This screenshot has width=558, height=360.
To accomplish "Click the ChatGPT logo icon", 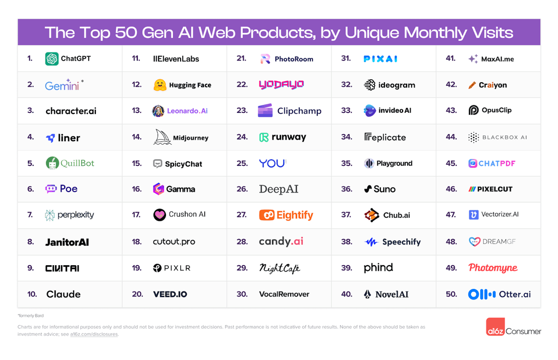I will (51, 58).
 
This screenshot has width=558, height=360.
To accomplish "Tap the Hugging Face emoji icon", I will (160, 85).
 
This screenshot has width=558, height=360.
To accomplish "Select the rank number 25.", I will (242, 163).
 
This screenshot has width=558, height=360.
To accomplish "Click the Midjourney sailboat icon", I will (162, 137).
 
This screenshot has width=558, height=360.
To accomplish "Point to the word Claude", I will (64, 294).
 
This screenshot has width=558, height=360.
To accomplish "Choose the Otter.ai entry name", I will (515, 294).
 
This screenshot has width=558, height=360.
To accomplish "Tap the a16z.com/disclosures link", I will (94, 334).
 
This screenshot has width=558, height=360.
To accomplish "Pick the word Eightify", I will (295, 215).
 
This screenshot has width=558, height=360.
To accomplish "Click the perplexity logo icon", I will (49, 215).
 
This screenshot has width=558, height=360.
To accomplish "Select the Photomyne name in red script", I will (492, 268).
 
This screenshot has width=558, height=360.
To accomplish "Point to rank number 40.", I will (347, 294).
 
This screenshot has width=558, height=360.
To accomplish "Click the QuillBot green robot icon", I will (52, 163).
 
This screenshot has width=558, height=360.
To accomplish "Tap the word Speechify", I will (402, 242).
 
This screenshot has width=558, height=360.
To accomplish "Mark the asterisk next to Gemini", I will (82, 81).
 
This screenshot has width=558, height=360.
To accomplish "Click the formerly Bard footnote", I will (30, 316).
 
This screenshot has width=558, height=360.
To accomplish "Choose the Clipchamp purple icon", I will (265, 111).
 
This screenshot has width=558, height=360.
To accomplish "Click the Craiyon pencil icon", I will (472, 85).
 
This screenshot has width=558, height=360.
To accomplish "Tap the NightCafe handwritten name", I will (280, 268).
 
